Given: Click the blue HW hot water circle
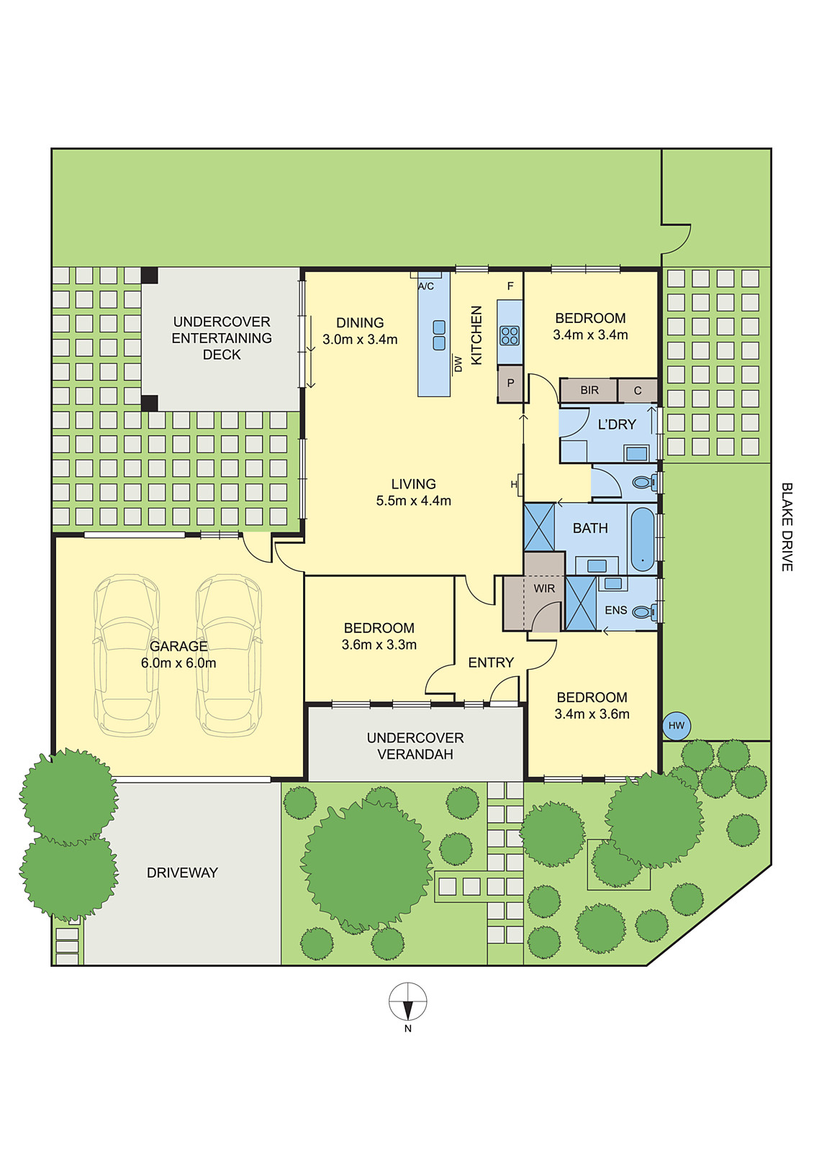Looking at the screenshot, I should tap(677, 725).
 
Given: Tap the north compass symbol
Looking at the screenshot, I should tap(408, 1002).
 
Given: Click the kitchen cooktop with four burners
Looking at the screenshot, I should tap(510, 335).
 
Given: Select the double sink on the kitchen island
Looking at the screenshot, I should tap(439, 335).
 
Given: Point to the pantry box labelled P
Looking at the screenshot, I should tap(510, 383).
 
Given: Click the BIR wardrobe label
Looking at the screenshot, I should tap(589, 391).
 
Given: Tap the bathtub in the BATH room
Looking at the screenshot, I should tap(642, 538).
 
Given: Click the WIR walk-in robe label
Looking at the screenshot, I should tap(544, 588).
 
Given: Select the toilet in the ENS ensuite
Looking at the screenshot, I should tap(644, 612).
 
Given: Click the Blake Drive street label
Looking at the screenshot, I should tap(787, 527).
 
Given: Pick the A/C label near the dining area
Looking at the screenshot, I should tap(426, 286).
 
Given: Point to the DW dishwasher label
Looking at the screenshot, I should tap(458, 364).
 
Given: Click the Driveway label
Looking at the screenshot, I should tap(182, 873).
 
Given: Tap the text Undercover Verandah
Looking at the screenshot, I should tap(415, 746).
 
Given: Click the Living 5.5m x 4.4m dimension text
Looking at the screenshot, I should tap(413, 501).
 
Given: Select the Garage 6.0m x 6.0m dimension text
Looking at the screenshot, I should tap(178, 663).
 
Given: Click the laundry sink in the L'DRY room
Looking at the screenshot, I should tap(636, 454).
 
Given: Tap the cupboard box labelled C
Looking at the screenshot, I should tap(638, 391).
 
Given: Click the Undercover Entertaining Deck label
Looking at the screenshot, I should tap(222, 338).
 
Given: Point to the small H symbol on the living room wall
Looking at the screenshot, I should tap(514, 484).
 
